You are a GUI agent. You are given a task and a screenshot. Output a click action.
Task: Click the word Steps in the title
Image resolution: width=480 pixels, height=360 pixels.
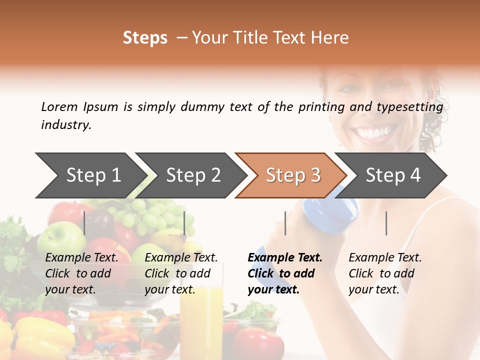[145, 38]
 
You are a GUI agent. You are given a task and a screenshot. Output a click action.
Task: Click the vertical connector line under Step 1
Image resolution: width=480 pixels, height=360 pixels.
[84, 223]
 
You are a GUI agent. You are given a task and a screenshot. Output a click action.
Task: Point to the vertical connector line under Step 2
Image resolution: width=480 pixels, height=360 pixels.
[185, 223]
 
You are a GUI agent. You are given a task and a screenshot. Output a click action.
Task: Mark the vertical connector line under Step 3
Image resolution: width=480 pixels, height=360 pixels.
[285, 223]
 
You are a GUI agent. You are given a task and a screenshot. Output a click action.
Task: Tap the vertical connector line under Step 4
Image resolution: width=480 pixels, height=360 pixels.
[386, 223]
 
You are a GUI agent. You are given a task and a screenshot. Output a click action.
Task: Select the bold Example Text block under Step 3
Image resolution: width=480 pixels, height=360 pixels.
[284, 273]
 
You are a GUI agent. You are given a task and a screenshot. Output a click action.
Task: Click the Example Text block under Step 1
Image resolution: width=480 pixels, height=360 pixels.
[81, 273]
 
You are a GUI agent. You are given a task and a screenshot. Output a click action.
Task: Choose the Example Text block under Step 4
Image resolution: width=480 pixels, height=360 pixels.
[385, 273]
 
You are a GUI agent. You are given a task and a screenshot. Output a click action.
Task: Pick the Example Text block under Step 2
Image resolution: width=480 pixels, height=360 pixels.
[181, 273]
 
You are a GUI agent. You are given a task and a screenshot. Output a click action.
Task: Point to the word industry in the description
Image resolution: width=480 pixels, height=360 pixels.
[65, 125]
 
